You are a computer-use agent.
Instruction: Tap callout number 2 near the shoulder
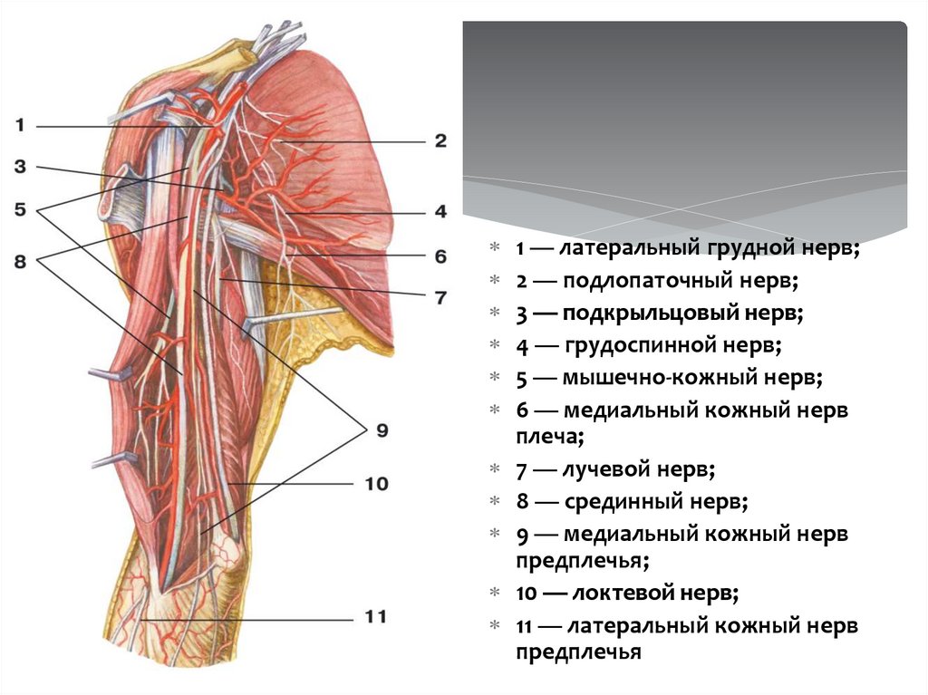pyautogui.click(x=440, y=140)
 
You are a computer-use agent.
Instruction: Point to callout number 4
pyautogui.click(x=440, y=212)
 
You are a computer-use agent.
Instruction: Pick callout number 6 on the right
pyautogui.click(x=440, y=256)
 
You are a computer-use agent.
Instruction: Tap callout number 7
pyautogui.click(x=440, y=296)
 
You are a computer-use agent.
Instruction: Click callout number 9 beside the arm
pyautogui.click(x=382, y=430)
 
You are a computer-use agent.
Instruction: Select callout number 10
pyautogui.click(x=376, y=484)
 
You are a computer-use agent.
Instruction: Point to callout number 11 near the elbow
pyautogui.click(x=375, y=617)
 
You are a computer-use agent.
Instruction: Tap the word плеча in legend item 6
pyautogui.click(x=545, y=437)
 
